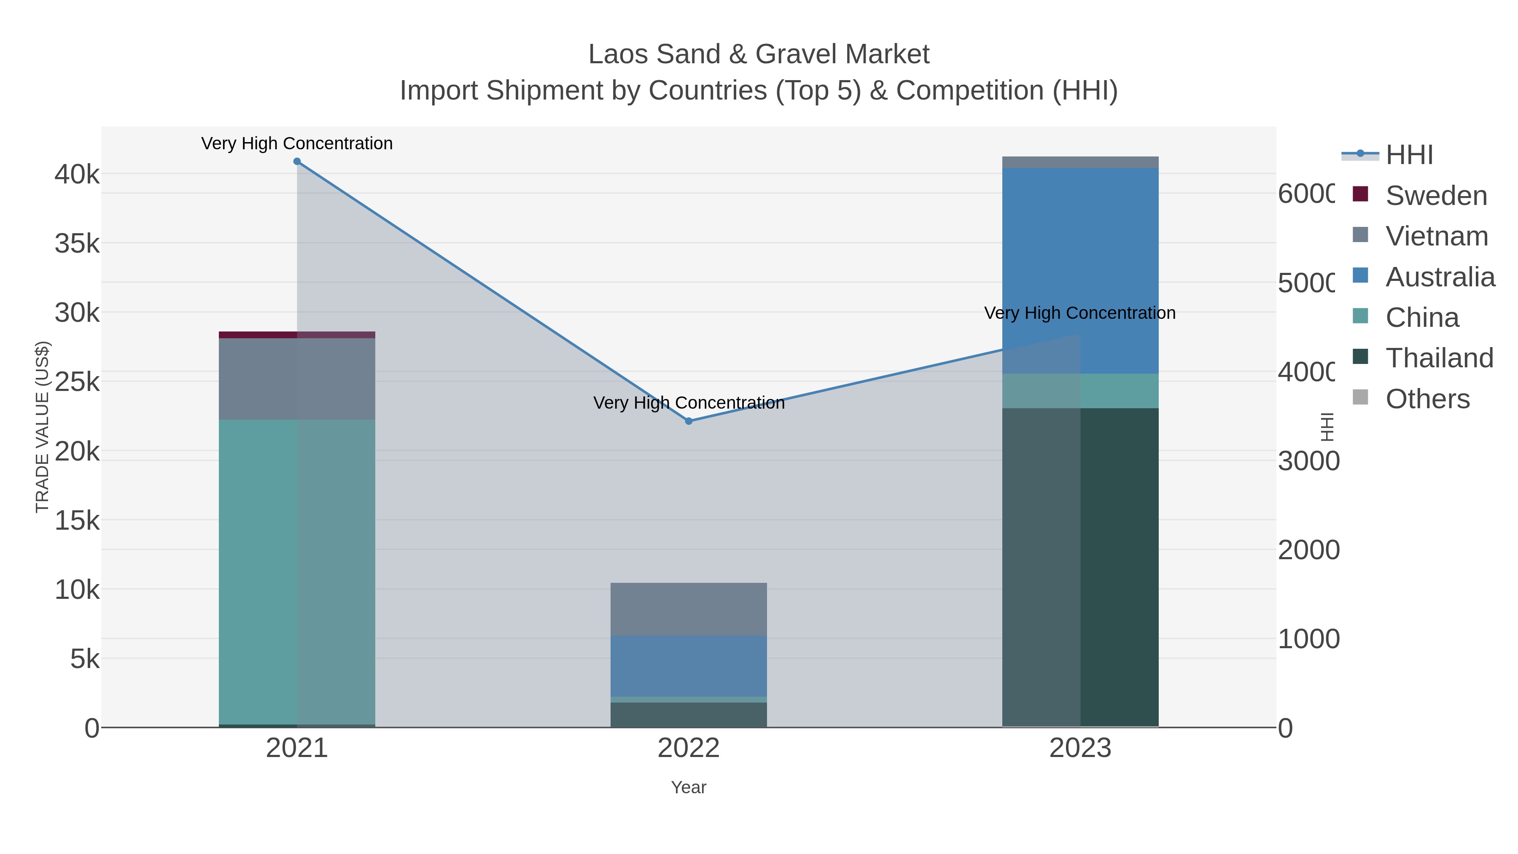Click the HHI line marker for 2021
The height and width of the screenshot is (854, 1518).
pyautogui.click(x=297, y=162)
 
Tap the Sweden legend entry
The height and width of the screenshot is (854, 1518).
pyautogui.click(x=1435, y=196)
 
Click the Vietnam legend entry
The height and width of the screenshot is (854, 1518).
pyautogui.click(x=1436, y=236)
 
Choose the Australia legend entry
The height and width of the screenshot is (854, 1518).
pyautogui.click(x=1440, y=277)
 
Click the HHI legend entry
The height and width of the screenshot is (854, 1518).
pyautogui.click(x=1408, y=155)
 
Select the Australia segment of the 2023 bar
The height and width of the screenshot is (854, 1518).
pyautogui.click(x=1080, y=271)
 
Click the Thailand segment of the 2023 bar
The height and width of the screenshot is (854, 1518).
pyautogui.click(x=1080, y=566)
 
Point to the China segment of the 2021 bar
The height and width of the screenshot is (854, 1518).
pyautogui.click(x=296, y=572)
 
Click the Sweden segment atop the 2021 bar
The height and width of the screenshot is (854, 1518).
pyautogui.click(x=296, y=335)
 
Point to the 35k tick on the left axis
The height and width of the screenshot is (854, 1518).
pyautogui.click(x=77, y=243)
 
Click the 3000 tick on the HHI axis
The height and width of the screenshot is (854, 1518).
pyautogui.click(x=1308, y=461)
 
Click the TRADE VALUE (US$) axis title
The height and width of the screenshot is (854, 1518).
pyautogui.click(x=43, y=427)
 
